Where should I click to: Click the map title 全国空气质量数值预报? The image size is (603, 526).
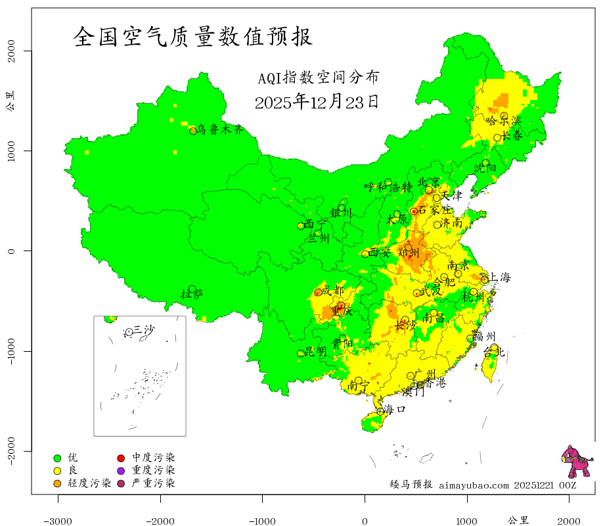tap(193, 37)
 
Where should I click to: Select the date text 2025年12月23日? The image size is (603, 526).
tap(317, 102)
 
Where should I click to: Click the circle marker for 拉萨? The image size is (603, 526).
tap(192, 289)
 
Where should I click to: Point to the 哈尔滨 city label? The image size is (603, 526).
tap(503, 121)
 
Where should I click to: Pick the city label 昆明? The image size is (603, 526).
tap(315, 352)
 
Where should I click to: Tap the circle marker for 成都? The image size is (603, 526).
tap(319, 292)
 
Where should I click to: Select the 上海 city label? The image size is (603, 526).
tap(499, 277)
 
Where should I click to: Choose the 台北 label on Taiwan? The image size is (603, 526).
tap(493, 352)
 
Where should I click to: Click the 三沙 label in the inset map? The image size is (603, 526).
tap(144, 329)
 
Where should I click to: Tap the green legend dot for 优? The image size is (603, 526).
tap(57, 458)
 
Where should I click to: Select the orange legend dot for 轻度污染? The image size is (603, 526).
tap(57, 483)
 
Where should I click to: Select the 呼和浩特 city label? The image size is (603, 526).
tap(388, 187)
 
